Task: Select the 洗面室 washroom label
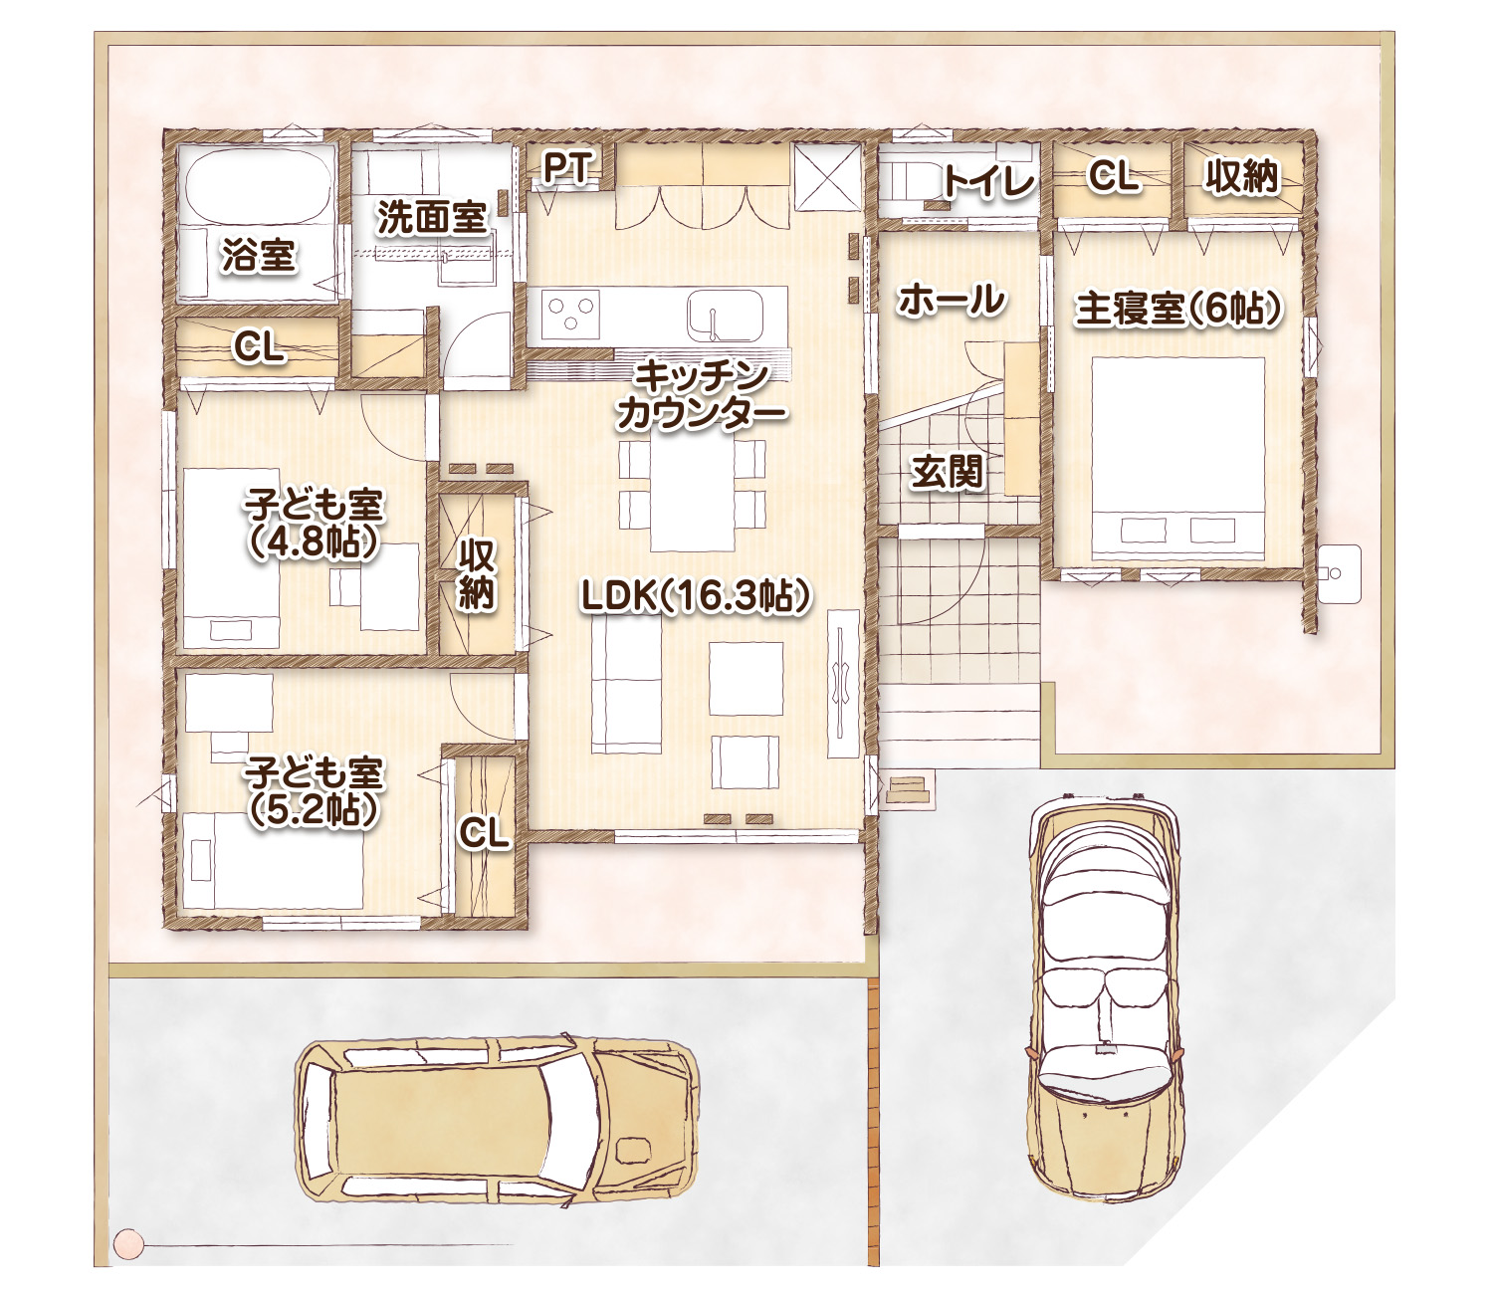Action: tap(432, 217)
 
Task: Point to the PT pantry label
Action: tap(567, 168)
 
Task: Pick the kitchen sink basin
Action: tap(725, 316)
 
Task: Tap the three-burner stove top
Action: tap(570, 315)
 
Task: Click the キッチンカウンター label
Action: tap(701, 396)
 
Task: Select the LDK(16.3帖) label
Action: tap(697, 597)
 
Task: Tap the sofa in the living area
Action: tap(626, 687)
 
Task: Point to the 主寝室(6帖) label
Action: tap(1178, 310)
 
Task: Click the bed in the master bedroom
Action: tap(1177, 457)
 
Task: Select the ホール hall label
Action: tap(952, 300)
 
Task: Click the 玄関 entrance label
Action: tap(947, 473)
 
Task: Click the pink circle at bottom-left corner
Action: tap(128, 1243)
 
